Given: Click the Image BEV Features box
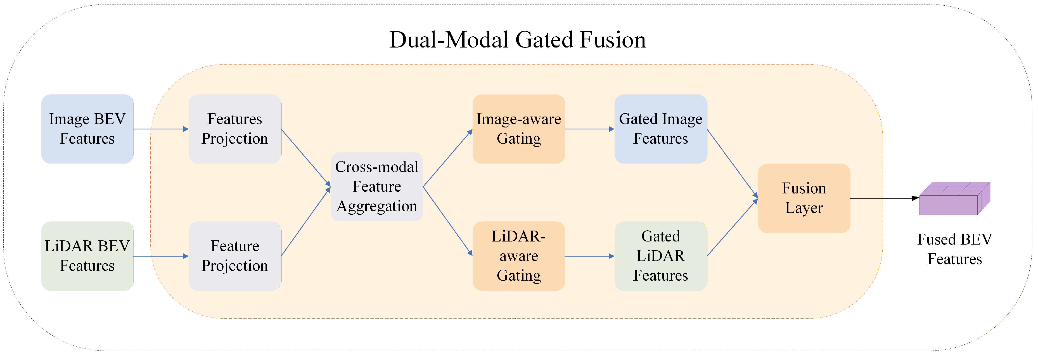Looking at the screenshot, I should pos(87,129).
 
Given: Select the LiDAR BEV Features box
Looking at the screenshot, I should pos(87,256).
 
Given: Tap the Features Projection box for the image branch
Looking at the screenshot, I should pos(234,129).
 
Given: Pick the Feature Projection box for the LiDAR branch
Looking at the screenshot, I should pos(234,256).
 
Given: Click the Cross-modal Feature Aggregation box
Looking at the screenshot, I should pos(376,187).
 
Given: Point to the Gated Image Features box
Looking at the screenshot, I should pos(660,129).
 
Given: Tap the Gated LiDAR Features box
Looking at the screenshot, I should pos(660,256).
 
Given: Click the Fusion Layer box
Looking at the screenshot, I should pos(804,198).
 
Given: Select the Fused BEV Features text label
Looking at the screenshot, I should pos(954,249).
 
